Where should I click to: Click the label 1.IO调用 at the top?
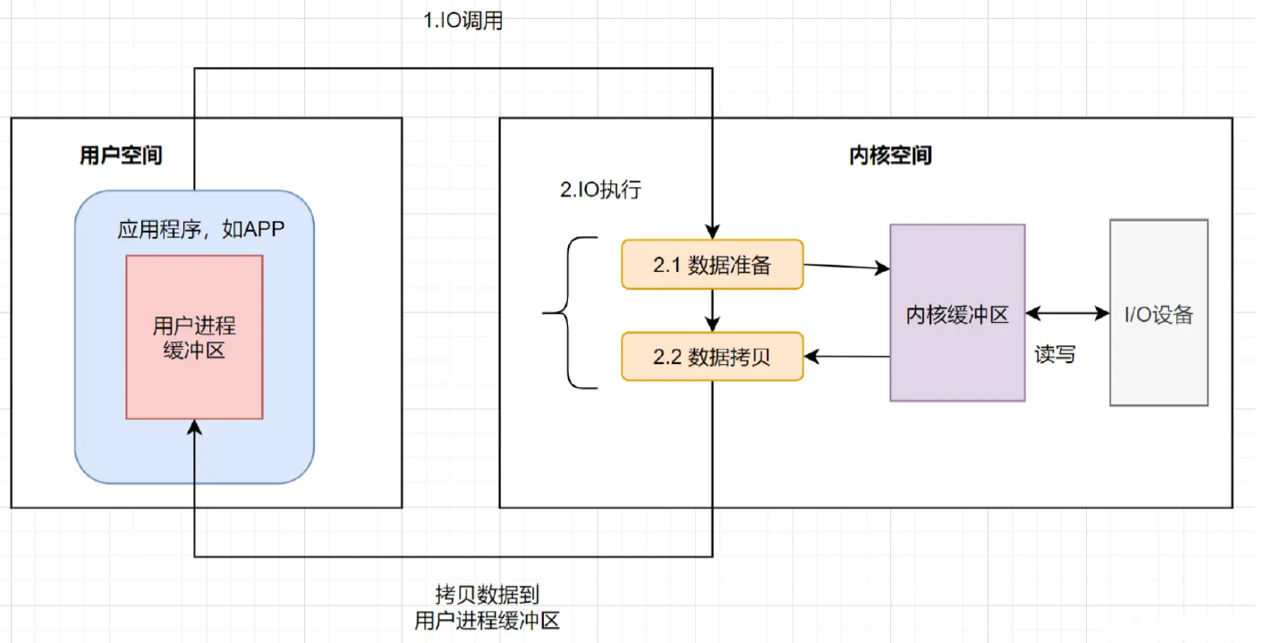pyautogui.click(x=462, y=21)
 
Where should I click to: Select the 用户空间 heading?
pyautogui.click(x=121, y=156)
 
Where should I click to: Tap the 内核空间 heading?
pyautogui.click(x=889, y=156)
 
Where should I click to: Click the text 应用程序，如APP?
pyautogui.click(x=201, y=229)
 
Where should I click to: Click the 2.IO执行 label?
pyautogui.click(x=599, y=190)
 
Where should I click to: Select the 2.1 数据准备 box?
pyautogui.click(x=712, y=265)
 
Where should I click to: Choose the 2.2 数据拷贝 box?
pyautogui.click(x=712, y=357)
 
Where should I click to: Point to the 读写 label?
pyautogui.click(x=1055, y=354)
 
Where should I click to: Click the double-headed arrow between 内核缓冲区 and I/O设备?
pyautogui.click(x=1067, y=314)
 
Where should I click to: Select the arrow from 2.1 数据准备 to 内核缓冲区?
pyautogui.click(x=846, y=267)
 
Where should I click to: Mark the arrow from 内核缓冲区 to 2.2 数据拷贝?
pyautogui.click(x=846, y=357)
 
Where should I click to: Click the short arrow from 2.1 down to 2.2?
pyautogui.click(x=712, y=311)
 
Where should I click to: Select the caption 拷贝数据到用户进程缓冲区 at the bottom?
pyautogui.click(x=488, y=607)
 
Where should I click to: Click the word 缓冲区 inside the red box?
pyautogui.click(x=194, y=351)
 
